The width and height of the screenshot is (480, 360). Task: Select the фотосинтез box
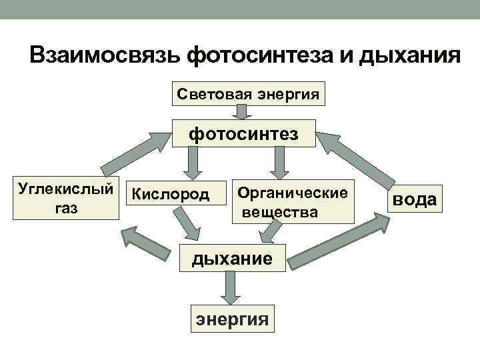tap(243, 135)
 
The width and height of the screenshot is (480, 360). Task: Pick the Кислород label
tap(170, 195)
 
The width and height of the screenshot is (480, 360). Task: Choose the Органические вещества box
tap(293, 203)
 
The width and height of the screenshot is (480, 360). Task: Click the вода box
tap(414, 199)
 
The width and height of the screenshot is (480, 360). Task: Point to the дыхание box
tap(233, 258)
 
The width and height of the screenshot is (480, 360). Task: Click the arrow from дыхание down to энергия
tap(231, 289)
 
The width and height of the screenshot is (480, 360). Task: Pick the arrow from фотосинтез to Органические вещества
tap(278, 163)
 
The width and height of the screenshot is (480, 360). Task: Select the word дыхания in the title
tap(409, 55)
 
